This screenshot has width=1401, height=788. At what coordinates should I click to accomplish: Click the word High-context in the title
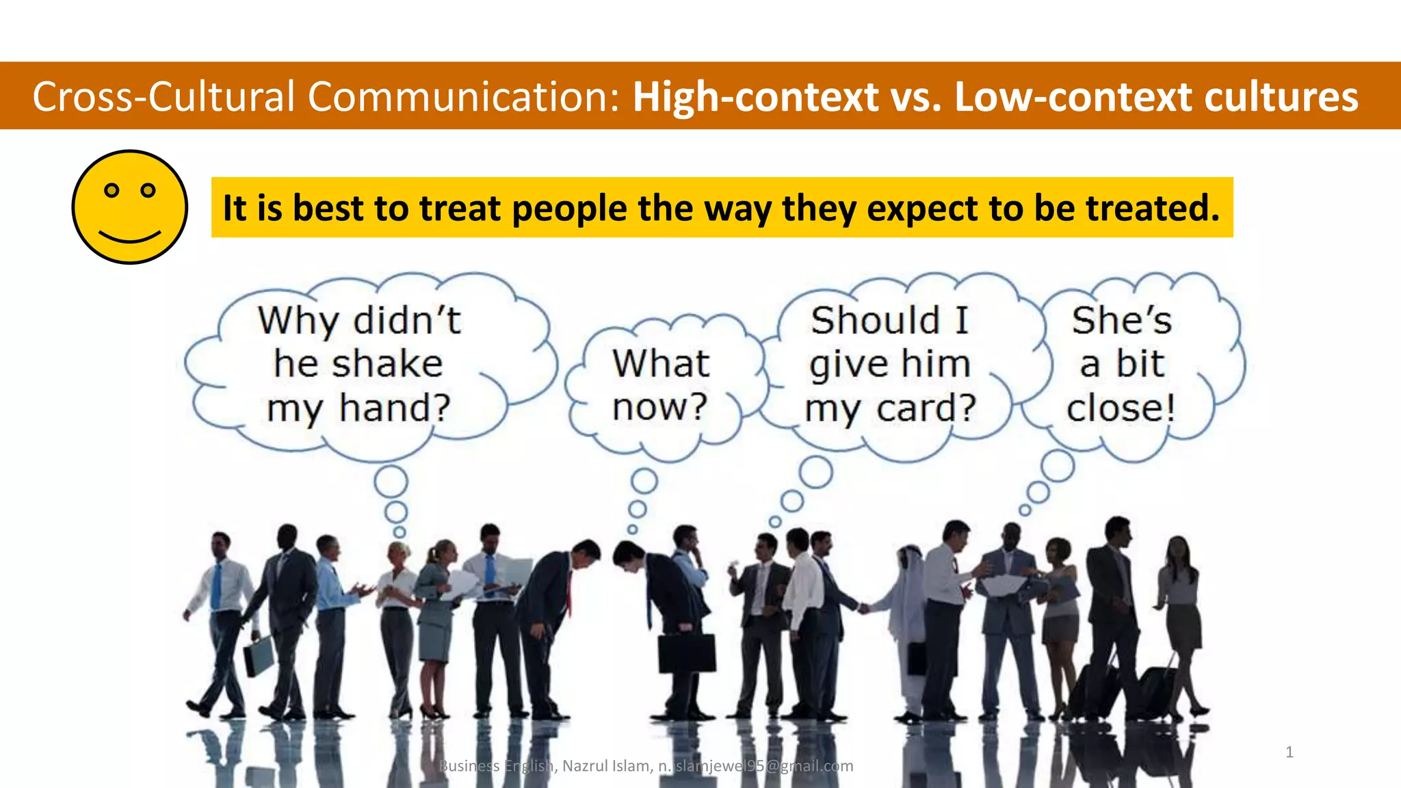(755, 96)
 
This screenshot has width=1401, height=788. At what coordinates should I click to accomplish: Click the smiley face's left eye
(112, 190)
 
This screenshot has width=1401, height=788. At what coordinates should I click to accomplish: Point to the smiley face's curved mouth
(129, 237)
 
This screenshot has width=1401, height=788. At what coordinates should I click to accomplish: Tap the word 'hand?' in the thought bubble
(395, 408)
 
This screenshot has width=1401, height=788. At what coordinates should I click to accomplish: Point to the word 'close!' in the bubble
(1121, 408)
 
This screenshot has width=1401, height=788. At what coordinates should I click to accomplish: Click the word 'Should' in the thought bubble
(875, 320)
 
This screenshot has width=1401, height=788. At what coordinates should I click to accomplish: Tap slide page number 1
(1289, 752)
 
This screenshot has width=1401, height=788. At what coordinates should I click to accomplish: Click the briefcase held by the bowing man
(686, 653)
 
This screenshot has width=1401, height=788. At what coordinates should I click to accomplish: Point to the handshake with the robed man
(864, 607)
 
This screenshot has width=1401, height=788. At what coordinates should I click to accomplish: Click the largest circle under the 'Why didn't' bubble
(391, 482)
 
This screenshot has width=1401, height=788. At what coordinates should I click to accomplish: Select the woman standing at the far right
(1180, 616)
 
